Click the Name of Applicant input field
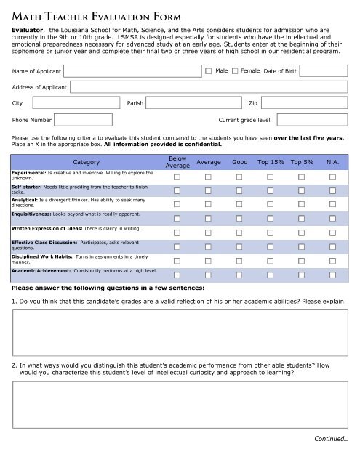[x=131, y=71]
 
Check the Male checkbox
[x=209, y=71]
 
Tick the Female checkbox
[x=235, y=71]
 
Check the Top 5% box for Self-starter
[x=302, y=190]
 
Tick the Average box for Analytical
[x=208, y=204]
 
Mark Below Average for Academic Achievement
[x=177, y=272]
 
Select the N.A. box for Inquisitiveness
[x=333, y=218]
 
